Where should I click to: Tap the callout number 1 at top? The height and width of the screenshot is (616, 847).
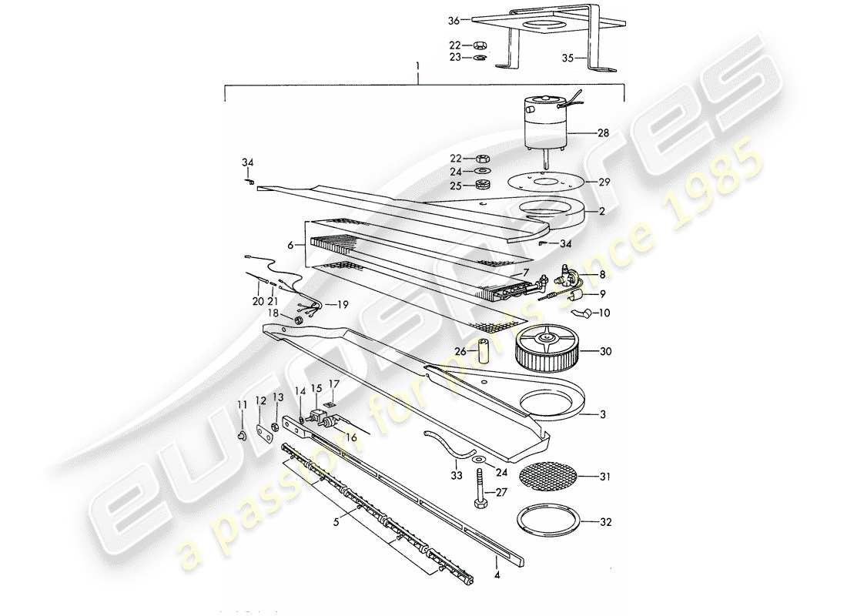pyautogui.click(x=418, y=77)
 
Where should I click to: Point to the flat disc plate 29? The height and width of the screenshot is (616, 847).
pyautogui.click(x=545, y=183)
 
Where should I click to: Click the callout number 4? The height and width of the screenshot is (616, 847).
pyautogui.click(x=497, y=574)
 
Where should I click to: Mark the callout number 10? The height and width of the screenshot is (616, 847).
pyautogui.click(x=603, y=313)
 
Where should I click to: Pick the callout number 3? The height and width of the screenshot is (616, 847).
pyautogui.click(x=603, y=413)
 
